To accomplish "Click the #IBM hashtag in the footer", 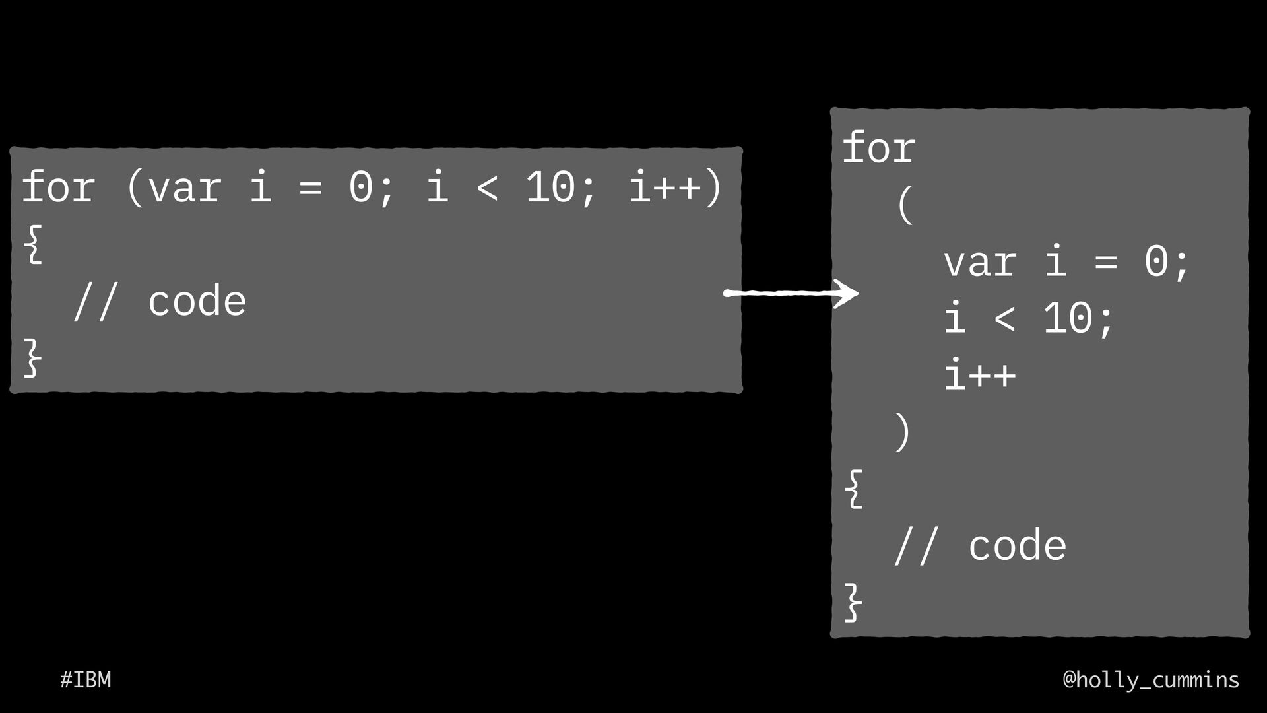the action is [x=85, y=679].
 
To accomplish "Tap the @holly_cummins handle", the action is [x=1151, y=679].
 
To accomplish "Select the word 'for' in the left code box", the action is [x=58, y=187].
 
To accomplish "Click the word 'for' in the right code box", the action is [x=879, y=149].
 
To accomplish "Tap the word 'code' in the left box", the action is [x=197, y=302].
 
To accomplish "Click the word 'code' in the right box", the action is [x=1017, y=546].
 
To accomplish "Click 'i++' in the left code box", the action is [x=665, y=187].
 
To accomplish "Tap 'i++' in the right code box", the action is [x=980, y=375].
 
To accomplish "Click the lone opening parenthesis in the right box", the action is [x=905, y=205].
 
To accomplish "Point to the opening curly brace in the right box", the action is [x=854, y=489].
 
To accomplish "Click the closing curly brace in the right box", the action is [x=854, y=602].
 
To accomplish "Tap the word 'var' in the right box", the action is [x=979, y=262].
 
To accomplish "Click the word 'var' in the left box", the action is [x=184, y=187].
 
